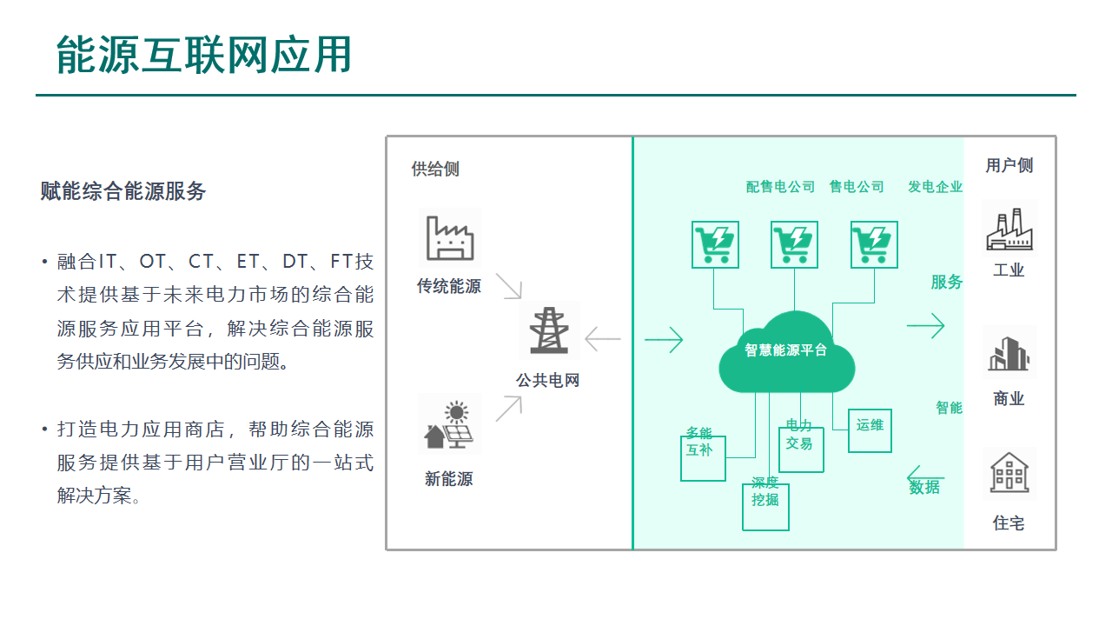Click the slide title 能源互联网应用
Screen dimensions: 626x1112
tap(204, 55)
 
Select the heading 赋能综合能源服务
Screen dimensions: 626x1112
tap(123, 191)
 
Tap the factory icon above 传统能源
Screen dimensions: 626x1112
tap(449, 237)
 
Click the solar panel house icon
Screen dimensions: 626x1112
tap(449, 424)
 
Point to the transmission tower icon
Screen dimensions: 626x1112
tap(548, 330)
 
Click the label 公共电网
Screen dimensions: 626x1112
tap(547, 381)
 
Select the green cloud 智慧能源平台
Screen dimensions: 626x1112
tap(786, 351)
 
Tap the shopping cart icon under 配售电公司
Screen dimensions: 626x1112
tap(715, 244)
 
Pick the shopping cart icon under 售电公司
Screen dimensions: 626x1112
tap(794, 244)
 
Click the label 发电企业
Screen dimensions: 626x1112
tap(935, 187)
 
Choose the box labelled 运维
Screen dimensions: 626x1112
tap(870, 430)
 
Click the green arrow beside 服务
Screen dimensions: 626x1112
tap(925, 326)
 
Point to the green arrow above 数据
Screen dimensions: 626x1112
tap(924, 476)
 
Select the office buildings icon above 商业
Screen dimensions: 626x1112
tap(1009, 353)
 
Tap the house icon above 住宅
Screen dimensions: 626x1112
tap(1009, 474)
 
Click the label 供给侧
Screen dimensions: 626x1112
tap(435, 170)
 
